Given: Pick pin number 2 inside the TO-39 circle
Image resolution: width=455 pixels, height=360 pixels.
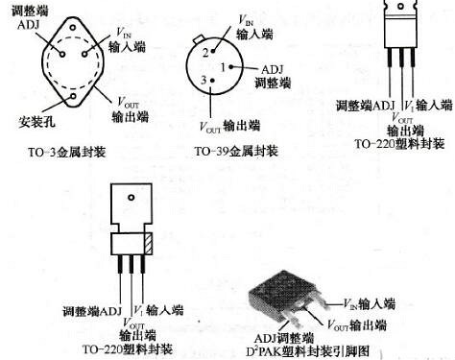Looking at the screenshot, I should pos(204,53).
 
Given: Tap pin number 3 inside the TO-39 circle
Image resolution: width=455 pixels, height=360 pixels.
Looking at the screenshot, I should pos(203,82).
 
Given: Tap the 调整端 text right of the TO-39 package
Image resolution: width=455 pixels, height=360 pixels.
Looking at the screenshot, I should pos(265,84).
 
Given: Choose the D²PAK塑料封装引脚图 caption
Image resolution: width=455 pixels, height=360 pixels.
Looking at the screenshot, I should pos(325,349).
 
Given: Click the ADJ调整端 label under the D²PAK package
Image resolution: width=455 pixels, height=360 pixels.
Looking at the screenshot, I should pos(285,337).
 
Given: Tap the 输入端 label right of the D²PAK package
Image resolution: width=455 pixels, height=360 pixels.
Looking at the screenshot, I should pos(375,302).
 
